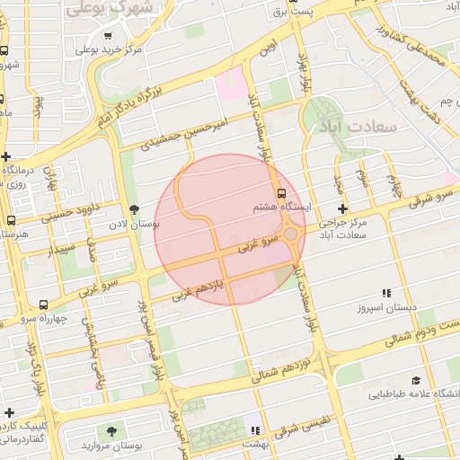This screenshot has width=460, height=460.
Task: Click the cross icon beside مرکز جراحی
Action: (342, 208)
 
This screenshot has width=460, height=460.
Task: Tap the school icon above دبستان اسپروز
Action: (386, 294)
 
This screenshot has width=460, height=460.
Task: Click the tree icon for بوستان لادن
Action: (134, 209)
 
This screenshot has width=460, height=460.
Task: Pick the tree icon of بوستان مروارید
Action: (111, 432)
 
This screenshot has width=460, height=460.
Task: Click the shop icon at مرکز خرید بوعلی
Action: (108, 37)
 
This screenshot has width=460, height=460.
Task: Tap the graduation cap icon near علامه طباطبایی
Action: (415, 380)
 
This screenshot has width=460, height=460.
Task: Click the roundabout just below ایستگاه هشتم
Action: (291, 234)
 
